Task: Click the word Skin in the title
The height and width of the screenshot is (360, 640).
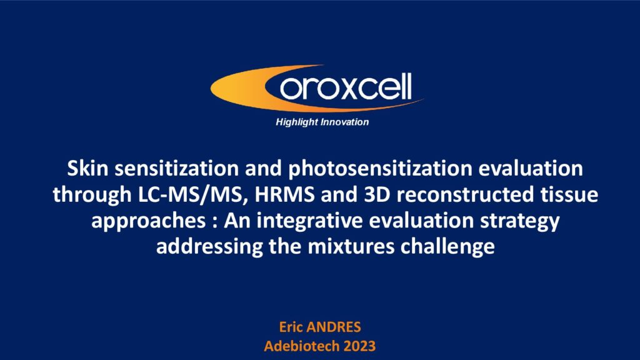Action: pos(87,168)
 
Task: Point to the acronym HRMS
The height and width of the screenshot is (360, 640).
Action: pos(285,194)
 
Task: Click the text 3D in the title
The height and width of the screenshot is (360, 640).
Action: pos(377,194)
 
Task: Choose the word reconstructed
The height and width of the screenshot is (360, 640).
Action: pos(465,194)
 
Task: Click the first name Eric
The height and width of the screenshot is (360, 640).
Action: pos(290,327)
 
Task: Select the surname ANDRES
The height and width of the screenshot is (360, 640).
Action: pos(334,327)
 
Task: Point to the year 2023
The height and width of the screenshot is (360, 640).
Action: pos(359,346)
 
